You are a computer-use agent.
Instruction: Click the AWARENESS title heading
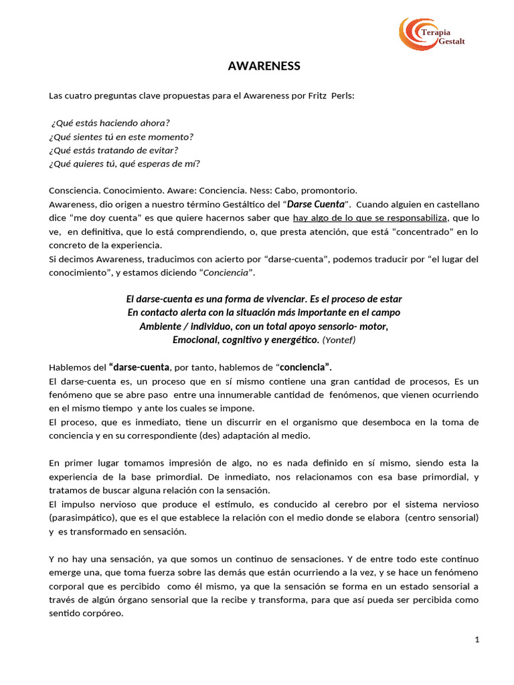[x=264, y=66]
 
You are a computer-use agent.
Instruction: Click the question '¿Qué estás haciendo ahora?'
[x=110, y=122]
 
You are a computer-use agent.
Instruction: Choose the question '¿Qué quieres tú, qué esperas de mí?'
[x=124, y=163]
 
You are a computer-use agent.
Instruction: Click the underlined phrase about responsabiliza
[x=369, y=217]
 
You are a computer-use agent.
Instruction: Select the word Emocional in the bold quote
[x=197, y=340]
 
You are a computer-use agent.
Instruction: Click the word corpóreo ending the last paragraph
[x=102, y=613]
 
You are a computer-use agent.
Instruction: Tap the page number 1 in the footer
[x=477, y=640]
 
